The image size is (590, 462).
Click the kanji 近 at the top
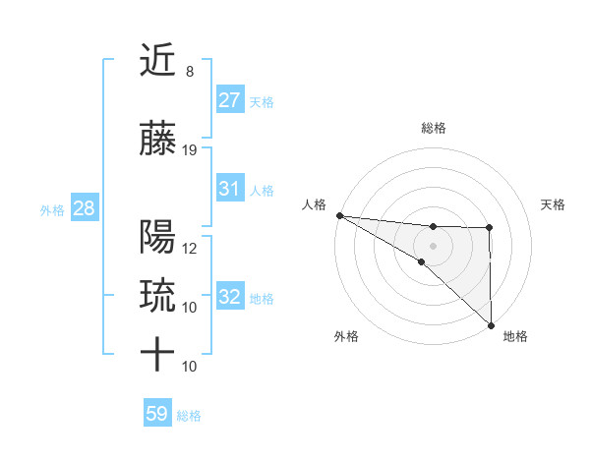[x=157, y=62]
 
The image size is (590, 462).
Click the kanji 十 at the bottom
[x=157, y=355]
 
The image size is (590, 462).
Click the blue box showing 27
[x=230, y=100]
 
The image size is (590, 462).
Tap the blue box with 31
[x=230, y=189]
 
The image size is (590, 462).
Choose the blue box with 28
[x=84, y=208]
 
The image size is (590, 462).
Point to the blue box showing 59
[x=157, y=414]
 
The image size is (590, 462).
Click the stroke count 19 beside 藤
[x=190, y=150]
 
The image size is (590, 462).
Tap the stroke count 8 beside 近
[x=189, y=72]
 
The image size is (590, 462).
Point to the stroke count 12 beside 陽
[x=190, y=248]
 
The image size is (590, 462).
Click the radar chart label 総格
[x=434, y=128]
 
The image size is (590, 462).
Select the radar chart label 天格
[x=554, y=204]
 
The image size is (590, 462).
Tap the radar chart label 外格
[x=346, y=336]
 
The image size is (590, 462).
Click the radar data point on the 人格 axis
[x=339, y=214]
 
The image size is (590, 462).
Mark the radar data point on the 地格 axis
[x=490, y=324]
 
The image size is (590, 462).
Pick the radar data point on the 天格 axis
[x=490, y=228]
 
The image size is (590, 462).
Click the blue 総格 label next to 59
[x=189, y=416]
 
